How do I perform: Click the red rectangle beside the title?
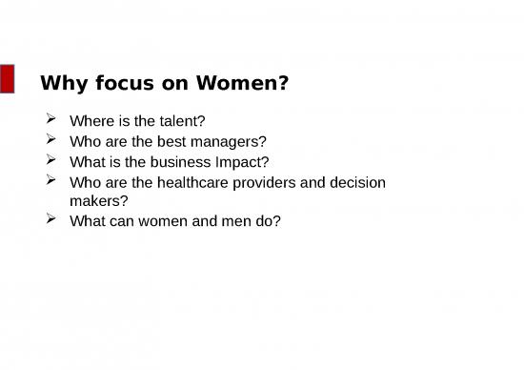point(7,79)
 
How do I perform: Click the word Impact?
point(241,162)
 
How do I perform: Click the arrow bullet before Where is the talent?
point(50,121)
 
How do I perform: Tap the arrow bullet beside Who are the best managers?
point(50,141)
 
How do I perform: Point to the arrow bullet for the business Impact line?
point(50,161)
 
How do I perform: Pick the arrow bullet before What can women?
point(50,221)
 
